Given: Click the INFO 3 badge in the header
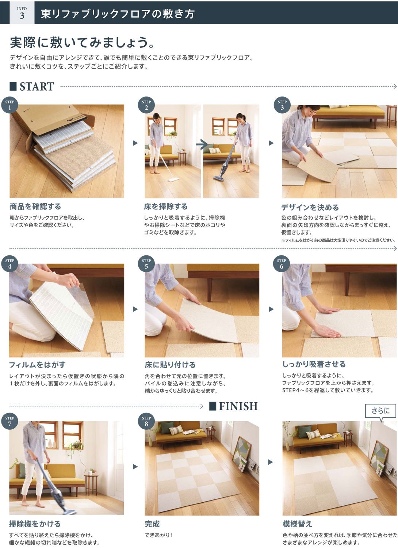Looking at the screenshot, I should point(22,13).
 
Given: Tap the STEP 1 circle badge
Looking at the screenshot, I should point(10,105).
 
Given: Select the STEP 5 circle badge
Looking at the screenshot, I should point(146,264).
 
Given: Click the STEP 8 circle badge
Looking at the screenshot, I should point(146,421).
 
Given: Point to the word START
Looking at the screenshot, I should point(37,87).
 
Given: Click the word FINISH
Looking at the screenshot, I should point(238,406).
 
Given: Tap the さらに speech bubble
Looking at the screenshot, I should point(380,411).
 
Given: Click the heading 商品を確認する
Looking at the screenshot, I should point(35,206).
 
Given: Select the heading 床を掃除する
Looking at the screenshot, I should point(166,206).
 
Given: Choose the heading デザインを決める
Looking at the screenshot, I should point(310,207).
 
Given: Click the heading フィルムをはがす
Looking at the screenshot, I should point(37,365).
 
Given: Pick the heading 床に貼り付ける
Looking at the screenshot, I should point(170,365).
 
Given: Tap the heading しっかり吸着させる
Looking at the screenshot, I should point(314,364).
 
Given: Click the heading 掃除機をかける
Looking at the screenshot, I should point(35,524).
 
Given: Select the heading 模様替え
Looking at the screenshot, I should point(298,524).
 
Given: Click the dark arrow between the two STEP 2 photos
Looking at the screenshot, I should point(202,144).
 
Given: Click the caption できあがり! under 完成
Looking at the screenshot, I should point(158,535).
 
